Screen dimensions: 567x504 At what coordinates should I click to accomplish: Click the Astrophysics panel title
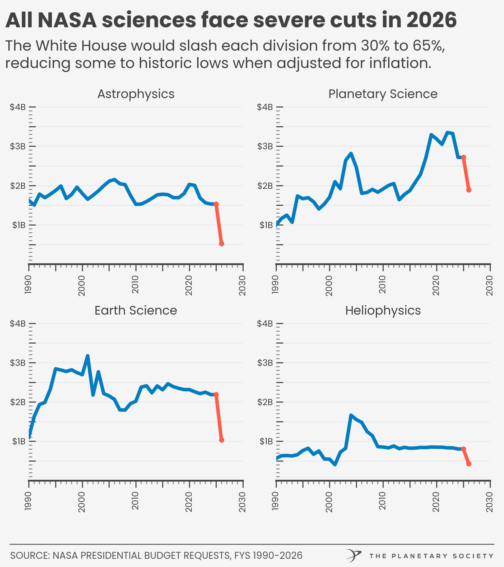point(136,94)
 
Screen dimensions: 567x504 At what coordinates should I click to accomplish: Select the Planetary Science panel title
point(383,94)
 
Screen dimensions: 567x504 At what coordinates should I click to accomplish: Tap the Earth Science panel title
point(136,310)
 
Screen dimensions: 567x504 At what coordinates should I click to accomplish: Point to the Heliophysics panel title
point(383,310)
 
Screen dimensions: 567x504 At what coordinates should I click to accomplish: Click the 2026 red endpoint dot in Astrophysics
point(222,244)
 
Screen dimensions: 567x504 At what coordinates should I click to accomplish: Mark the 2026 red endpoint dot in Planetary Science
point(469,190)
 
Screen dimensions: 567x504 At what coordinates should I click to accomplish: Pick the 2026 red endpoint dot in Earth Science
point(222,440)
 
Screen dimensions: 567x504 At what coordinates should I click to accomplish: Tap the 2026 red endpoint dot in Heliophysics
point(469,464)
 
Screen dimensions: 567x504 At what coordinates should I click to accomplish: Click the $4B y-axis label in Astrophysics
point(18,107)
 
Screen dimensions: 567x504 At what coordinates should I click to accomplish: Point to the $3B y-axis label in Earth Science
point(18,363)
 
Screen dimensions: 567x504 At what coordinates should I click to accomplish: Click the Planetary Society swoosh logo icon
point(353,555)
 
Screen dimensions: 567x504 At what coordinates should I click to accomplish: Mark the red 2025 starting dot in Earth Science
point(216,394)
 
